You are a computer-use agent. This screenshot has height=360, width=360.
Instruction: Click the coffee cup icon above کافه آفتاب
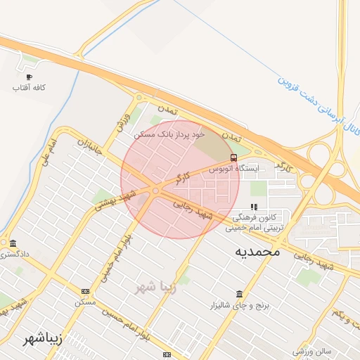[29, 77]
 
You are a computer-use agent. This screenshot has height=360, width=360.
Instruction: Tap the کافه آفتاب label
[29, 88]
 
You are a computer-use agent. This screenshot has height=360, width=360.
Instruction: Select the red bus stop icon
[233, 157]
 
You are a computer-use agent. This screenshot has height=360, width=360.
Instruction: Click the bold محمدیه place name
[257, 251]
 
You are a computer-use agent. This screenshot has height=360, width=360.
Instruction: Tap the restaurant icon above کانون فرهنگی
[254, 207]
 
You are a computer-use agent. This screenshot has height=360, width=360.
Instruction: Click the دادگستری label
[15, 254]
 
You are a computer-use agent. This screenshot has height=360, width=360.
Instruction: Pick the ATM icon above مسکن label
[85, 291]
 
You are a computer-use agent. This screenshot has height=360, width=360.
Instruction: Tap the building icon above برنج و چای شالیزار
[239, 294]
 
